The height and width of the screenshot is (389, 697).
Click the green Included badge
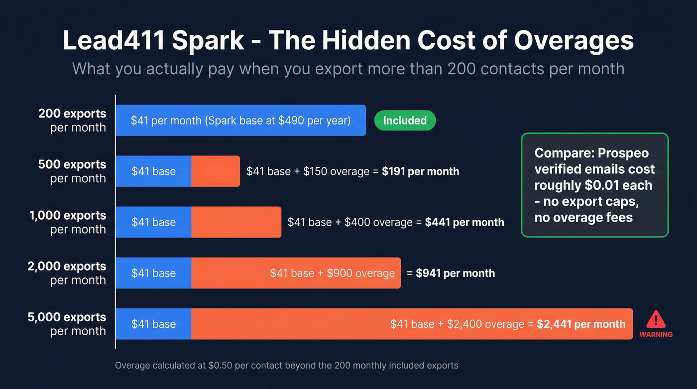pos(405,121)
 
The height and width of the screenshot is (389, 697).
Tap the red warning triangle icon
pos(656,319)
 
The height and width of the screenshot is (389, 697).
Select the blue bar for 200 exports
pos(240,121)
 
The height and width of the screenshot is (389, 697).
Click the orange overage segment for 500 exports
pos(215,171)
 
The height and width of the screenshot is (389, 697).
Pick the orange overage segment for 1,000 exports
pos(236,222)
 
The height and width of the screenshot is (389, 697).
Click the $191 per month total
pos(420,171)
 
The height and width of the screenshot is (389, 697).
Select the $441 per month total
pos(464,222)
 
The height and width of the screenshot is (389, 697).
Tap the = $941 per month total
pos(451,273)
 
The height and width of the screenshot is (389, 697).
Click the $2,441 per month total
pos(581,324)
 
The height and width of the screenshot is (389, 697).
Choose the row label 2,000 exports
pos(67,266)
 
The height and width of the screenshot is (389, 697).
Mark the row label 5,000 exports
pos(67,317)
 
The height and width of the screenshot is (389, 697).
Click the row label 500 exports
pos(72,165)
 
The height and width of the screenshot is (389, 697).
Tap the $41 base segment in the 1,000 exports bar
pos(153,222)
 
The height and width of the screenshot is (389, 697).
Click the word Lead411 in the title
pos(113,41)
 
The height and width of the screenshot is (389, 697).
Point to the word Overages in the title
pos(574,41)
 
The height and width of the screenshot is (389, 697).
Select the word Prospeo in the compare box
pos(626,153)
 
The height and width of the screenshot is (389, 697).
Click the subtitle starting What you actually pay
pos(348,68)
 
